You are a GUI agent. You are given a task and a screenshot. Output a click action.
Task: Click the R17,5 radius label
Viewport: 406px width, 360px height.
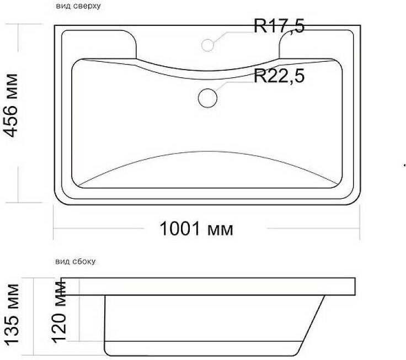tap(279, 25)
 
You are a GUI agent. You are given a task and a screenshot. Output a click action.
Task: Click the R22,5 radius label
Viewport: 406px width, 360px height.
tap(279, 76)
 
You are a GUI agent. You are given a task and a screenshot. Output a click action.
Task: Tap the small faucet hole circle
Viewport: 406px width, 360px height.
tap(207, 45)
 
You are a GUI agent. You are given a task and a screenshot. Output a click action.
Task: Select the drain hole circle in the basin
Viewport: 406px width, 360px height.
tap(207, 98)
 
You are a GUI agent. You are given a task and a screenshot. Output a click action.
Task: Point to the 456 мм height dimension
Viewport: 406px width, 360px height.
tap(11, 105)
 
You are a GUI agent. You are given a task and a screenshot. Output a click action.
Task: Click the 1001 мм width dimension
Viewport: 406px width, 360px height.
tap(196, 229)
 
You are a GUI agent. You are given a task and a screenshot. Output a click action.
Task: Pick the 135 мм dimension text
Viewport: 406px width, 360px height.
tap(12, 315)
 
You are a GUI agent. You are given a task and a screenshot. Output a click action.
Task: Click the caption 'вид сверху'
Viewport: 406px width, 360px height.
tap(78, 6)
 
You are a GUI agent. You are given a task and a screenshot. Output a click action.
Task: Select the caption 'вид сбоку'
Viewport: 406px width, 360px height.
tap(76, 261)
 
